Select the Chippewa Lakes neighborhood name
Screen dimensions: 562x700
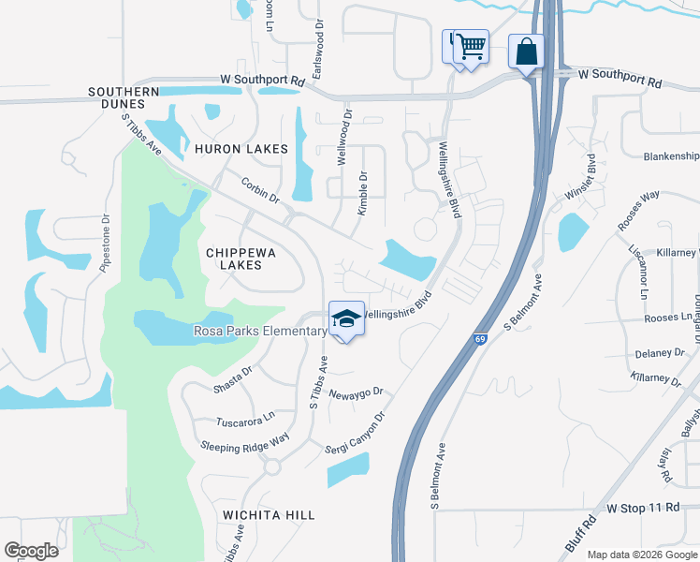[x=234, y=259]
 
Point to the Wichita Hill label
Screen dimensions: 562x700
[x=269, y=515]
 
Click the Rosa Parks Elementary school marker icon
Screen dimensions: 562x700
[x=346, y=319]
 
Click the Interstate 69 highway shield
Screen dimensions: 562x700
[x=479, y=338]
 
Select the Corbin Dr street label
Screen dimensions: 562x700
[x=260, y=191]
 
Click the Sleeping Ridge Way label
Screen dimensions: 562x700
[x=245, y=442]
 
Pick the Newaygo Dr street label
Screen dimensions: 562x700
[x=357, y=391]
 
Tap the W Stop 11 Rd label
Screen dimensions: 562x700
[x=642, y=507]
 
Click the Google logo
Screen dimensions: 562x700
[x=31, y=550]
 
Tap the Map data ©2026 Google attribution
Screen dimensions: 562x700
[x=641, y=555]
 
